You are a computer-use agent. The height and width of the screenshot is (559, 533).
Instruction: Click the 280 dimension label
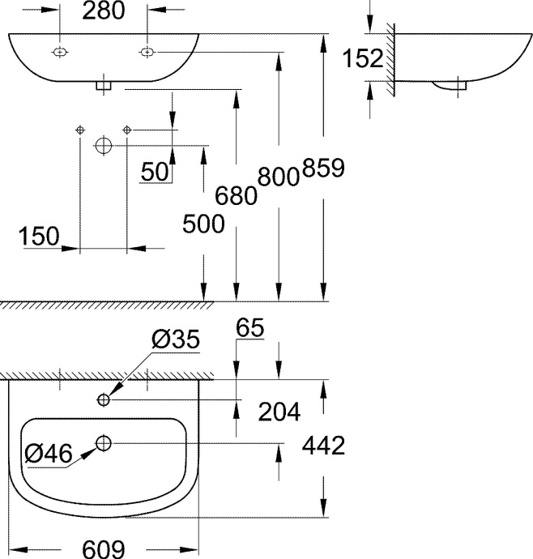[x=103, y=11]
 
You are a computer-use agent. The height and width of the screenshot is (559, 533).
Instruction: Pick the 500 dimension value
[x=203, y=224]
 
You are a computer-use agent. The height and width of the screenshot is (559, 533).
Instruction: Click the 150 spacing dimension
[x=41, y=236]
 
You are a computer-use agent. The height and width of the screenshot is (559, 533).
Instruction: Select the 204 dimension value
[x=279, y=412]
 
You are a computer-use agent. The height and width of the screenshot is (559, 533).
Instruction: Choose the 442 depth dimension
[x=323, y=445]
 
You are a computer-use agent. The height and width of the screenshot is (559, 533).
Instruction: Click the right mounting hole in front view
[x=147, y=52]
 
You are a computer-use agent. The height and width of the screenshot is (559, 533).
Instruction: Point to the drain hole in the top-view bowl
[x=104, y=442]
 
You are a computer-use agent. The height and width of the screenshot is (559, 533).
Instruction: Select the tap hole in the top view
[x=104, y=399]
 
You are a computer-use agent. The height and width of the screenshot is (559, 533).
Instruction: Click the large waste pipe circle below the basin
[x=103, y=146]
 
